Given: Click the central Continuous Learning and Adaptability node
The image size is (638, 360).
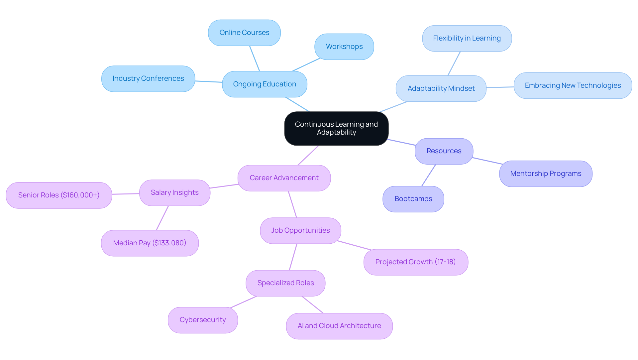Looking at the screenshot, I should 336,128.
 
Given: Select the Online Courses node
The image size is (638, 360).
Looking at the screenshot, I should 244,33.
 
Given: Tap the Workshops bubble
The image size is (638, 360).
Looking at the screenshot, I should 344,47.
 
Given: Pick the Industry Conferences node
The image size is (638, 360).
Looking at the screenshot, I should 148,78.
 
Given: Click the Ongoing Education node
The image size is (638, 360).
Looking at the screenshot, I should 265,84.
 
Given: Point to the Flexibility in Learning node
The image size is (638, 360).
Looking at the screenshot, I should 467,38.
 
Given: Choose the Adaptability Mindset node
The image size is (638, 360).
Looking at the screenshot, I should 441,88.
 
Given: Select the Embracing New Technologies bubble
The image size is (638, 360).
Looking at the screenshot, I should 573,85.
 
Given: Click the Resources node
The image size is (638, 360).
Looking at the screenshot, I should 444,151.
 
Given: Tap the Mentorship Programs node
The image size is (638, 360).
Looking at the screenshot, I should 546,174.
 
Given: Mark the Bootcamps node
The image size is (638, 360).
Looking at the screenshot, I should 413,199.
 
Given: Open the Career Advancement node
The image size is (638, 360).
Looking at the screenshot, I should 284,178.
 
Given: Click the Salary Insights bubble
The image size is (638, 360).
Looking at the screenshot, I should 174,192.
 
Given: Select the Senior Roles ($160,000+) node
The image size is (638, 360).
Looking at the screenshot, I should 59,195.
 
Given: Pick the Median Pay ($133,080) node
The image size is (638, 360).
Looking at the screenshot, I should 150,243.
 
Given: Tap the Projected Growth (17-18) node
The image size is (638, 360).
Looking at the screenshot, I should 415,262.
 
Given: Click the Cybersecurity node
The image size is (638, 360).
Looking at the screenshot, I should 203,320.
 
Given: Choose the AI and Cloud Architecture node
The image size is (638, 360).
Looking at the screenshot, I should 339,326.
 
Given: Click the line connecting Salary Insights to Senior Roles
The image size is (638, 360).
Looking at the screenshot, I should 126,194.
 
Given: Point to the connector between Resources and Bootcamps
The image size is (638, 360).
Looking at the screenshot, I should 429,175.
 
